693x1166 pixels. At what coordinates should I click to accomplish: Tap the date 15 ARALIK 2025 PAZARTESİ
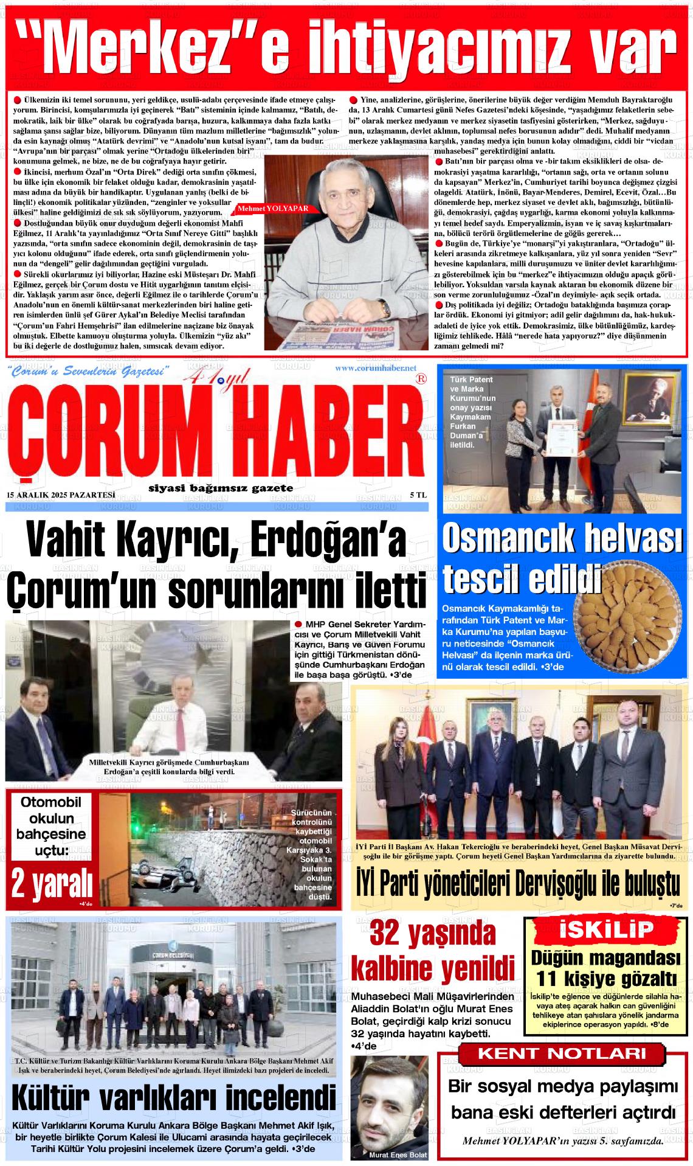[60, 495]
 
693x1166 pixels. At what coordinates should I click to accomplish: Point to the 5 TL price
[418, 495]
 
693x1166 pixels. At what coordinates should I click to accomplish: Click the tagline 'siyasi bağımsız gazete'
[220, 488]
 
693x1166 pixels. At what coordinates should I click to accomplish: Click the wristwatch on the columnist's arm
[384, 308]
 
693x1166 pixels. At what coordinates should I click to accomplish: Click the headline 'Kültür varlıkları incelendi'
[173, 1098]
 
